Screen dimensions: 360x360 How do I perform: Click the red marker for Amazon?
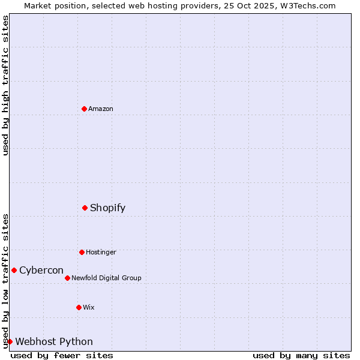coord(84,109)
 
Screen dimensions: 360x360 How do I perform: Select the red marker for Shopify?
coord(85,208)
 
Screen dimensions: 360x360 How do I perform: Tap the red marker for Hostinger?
coord(82,252)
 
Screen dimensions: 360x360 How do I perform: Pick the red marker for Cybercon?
coord(14,270)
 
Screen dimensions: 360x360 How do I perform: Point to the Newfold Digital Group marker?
coord(67,278)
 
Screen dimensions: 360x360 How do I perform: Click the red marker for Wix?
coord(79,307)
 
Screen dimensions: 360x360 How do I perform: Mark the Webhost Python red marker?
coord(10,341)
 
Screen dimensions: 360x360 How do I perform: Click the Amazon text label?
coord(101,109)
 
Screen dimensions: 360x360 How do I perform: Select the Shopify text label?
coord(108,208)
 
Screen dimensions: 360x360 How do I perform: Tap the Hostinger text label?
coord(101,252)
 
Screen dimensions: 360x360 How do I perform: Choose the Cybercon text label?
coord(41,270)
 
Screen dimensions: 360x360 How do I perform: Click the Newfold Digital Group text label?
coord(106,278)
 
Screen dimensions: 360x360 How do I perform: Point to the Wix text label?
coord(89,307)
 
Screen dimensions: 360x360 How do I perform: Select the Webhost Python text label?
coord(54,341)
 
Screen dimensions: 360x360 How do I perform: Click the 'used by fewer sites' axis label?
coord(62,355)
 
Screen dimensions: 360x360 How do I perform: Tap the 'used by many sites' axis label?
coord(301,355)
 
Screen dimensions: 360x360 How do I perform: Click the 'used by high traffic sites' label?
coord(6,85)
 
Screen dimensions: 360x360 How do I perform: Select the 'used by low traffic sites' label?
coord(6,280)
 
